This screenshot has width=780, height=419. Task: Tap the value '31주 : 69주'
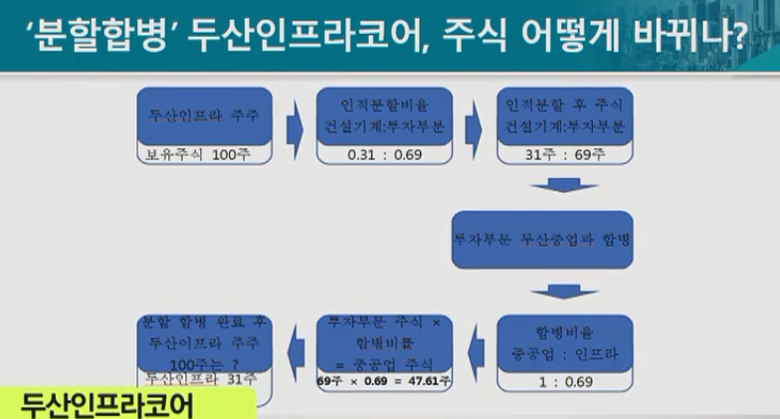point(564,154)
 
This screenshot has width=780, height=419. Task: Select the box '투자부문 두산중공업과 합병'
point(542,241)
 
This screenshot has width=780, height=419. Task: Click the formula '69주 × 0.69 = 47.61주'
point(384,380)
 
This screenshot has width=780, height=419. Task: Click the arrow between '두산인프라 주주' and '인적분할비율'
point(292,127)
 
